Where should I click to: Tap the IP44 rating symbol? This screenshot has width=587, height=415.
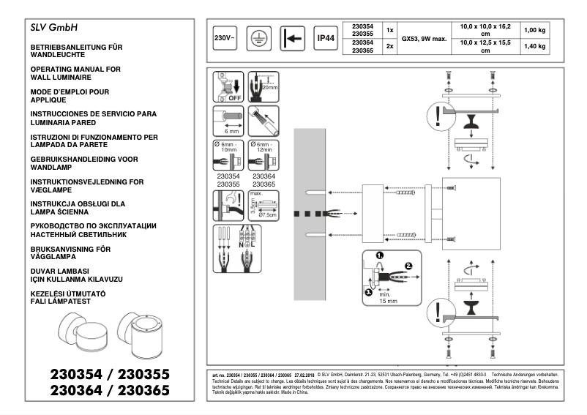(325, 38)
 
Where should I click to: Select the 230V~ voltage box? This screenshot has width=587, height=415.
(223, 38)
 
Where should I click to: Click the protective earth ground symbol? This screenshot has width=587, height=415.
(258, 38)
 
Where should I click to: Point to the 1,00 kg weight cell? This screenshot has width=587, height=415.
(533, 30)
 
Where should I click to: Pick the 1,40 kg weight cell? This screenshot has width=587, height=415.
(533, 47)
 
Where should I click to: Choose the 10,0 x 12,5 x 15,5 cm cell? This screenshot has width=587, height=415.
(485, 47)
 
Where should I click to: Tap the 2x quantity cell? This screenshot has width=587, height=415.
(390, 47)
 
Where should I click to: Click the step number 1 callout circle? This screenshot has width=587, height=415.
(379, 256)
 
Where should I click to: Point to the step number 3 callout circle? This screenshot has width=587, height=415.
(368, 291)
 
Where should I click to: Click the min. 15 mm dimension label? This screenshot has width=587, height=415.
(387, 297)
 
